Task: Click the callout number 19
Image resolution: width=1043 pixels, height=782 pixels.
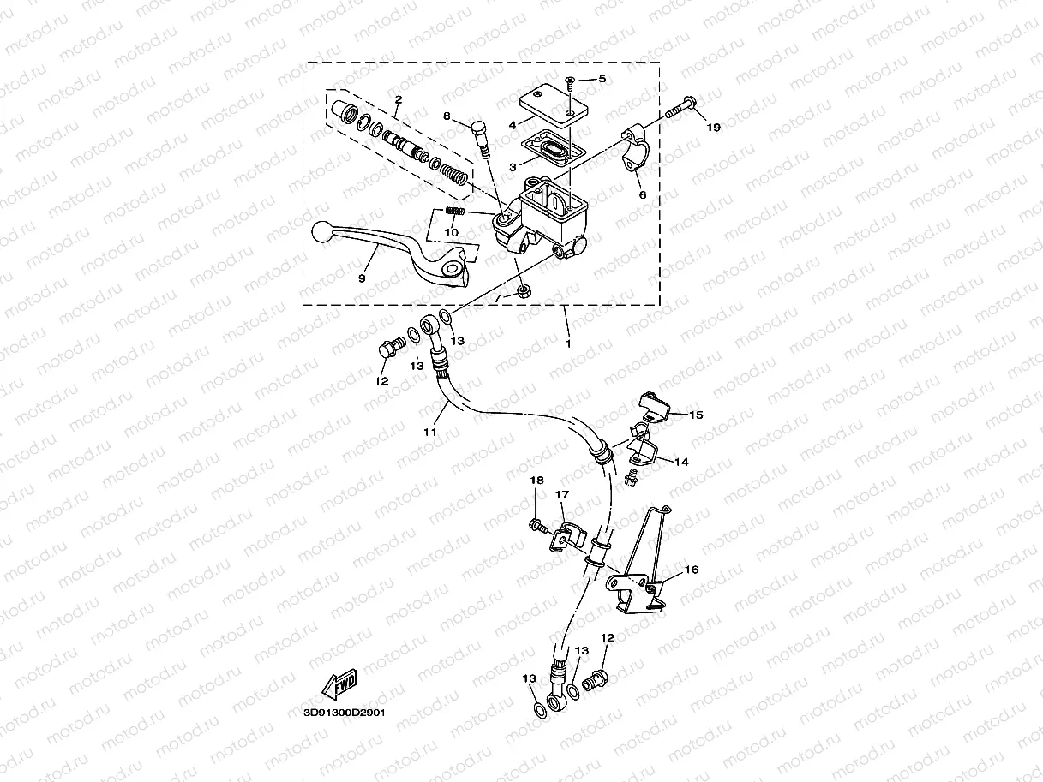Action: [713, 128]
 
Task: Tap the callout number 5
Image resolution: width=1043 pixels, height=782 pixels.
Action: [602, 79]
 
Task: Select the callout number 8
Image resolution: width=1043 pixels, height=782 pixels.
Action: [447, 116]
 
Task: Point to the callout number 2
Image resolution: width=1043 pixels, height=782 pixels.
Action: [398, 100]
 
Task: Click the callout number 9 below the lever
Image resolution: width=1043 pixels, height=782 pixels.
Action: [362, 278]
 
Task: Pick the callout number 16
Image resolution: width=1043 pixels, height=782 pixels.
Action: [692, 569]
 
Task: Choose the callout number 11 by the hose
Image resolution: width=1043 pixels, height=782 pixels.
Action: [430, 432]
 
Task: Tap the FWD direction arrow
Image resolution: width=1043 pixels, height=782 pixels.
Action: [340, 685]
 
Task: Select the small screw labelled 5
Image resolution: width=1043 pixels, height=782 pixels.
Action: [569, 82]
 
